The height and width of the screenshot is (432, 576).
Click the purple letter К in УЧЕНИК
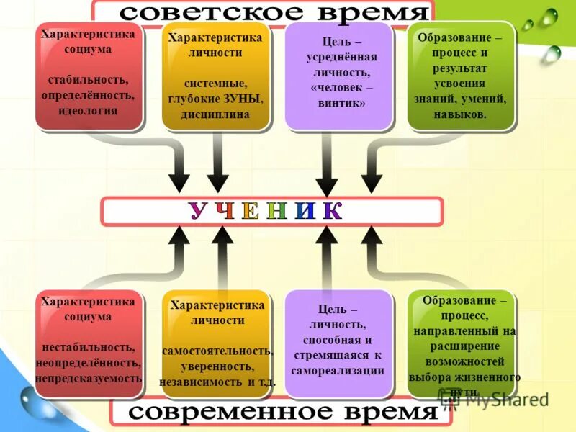(x=332, y=211)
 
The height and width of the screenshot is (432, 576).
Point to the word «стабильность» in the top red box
(x=89, y=79)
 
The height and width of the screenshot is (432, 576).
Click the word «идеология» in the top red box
(x=89, y=111)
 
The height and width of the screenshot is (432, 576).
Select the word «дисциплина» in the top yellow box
(x=215, y=114)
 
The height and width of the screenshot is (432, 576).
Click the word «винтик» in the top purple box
(x=338, y=104)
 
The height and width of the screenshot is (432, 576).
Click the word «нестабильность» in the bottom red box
(x=88, y=348)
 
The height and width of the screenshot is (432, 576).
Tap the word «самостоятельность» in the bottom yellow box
(x=217, y=351)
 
